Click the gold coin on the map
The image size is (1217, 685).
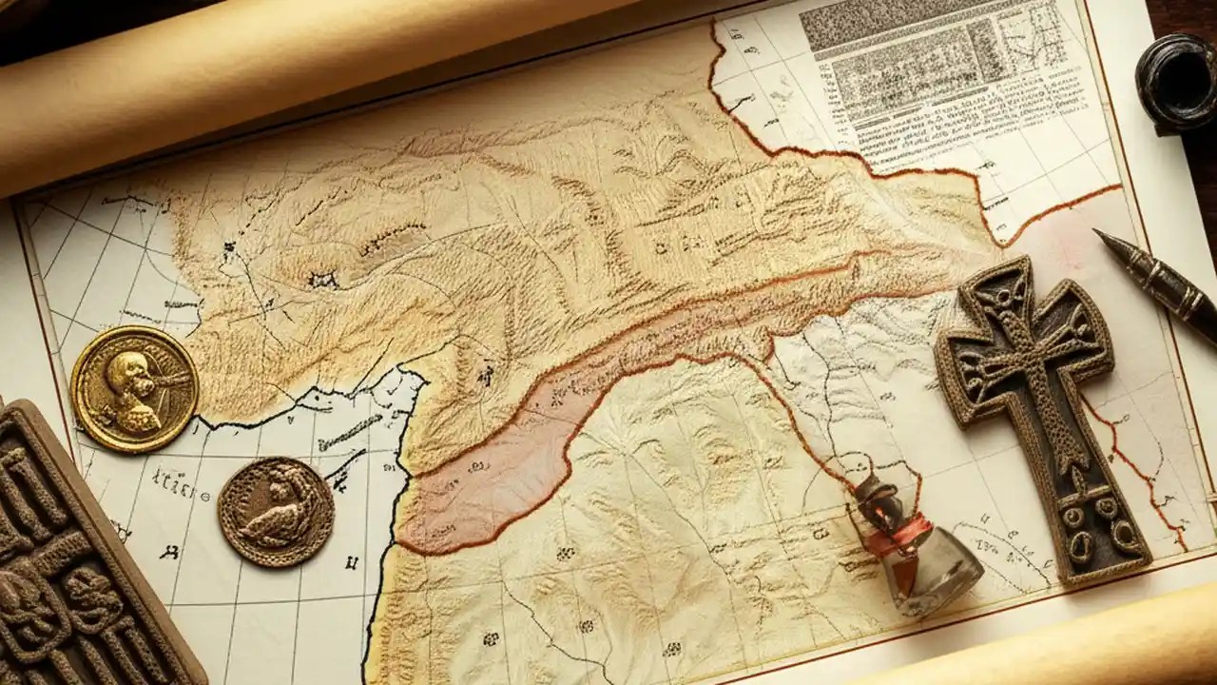pos(134,388)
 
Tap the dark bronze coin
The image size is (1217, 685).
pos(276,512)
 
